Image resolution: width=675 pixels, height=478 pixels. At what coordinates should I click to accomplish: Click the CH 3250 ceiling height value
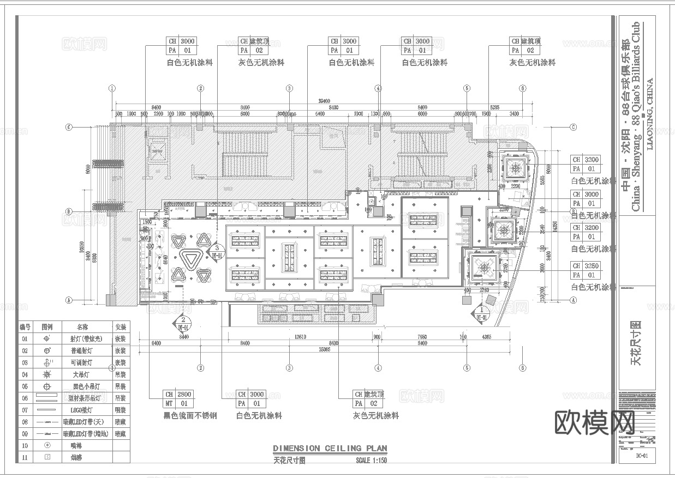point(592,266)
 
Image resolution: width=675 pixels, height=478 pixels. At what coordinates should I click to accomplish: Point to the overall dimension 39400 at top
point(325,101)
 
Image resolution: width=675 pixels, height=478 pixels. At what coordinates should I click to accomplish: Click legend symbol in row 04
point(47,374)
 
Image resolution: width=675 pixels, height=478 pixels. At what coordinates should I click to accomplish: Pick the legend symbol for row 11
point(47,457)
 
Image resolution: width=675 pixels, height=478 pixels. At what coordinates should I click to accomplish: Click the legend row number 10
point(25,445)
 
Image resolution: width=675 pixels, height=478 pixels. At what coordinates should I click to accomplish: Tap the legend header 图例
point(47,327)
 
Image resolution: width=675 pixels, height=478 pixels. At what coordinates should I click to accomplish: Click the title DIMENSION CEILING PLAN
point(330,449)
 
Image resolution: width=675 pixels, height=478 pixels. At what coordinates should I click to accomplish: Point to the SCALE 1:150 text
point(371,459)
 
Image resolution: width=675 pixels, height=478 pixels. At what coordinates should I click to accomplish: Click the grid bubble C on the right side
point(573,128)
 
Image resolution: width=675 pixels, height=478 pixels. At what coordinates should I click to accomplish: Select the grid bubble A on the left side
point(69,300)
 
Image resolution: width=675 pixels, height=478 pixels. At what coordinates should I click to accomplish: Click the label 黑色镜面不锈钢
point(190,416)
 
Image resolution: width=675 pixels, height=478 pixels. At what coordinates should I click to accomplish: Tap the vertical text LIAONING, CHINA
point(649,114)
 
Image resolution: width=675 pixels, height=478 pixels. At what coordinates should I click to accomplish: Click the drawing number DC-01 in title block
point(641,455)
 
